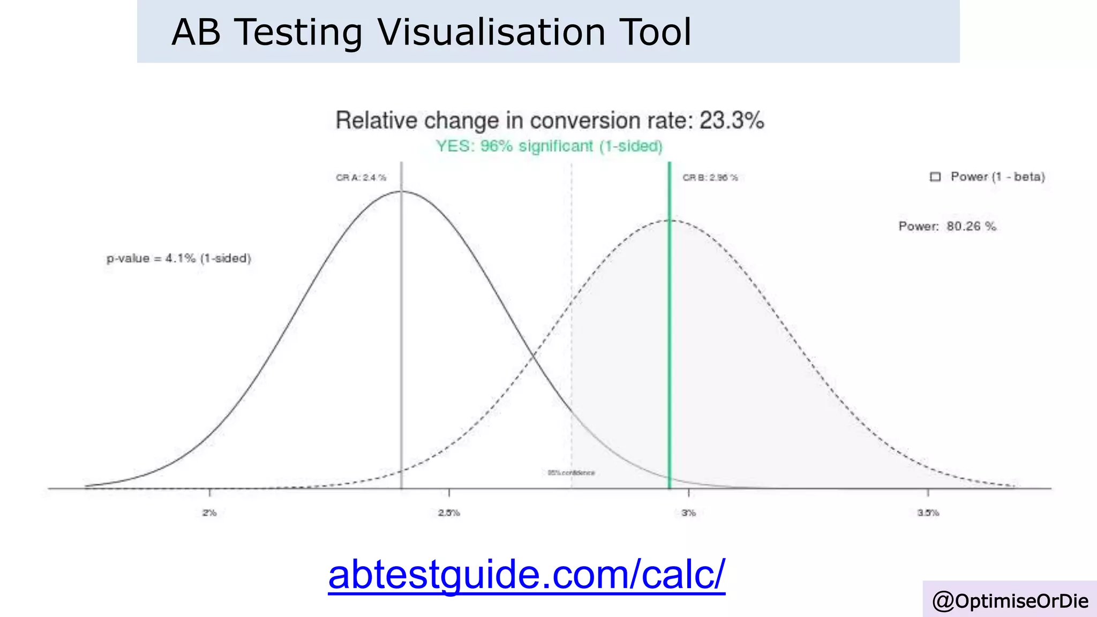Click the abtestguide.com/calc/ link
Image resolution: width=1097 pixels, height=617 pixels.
tap(527, 574)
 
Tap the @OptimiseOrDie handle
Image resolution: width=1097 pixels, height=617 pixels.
tap(1010, 601)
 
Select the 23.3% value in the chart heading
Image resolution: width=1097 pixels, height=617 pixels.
tap(732, 121)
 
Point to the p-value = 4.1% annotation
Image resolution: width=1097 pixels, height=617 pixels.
tap(178, 259)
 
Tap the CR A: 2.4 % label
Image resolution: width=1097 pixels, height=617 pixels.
tap(360, 178)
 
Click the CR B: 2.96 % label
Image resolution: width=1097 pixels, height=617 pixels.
tap(710, 178)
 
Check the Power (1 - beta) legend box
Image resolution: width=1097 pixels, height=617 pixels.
tap(935, 177)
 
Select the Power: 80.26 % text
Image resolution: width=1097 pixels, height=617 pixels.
tap(947, 227)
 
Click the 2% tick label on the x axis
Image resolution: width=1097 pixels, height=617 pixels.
tap(209, 513)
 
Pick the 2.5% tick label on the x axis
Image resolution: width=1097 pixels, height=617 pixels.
tap(449, 513)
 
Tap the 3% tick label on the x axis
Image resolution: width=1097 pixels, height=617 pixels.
tap(688, 513)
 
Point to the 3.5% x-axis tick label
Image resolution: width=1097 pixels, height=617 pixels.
tap(928, 513)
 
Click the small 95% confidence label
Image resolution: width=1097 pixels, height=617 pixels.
tap(571, 473)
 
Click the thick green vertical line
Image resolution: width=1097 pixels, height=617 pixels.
tap(670, 348)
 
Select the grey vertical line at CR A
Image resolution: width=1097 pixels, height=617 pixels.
tap(401, 348)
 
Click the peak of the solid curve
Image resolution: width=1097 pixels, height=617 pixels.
tap(401, 191)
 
